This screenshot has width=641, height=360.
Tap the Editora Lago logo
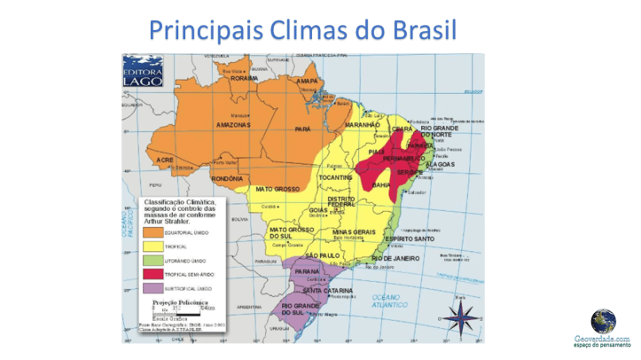point(142,71)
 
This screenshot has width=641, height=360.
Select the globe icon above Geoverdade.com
point(603,320)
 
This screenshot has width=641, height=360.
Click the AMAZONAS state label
point(233,125)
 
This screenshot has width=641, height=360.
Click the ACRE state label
point(165,160)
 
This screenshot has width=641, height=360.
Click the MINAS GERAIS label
point(354,231)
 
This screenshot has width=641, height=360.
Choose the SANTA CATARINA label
point(327,291)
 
